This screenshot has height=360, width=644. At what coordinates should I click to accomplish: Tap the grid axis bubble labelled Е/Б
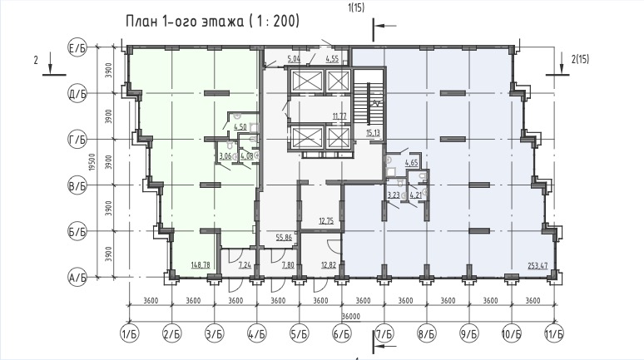77,50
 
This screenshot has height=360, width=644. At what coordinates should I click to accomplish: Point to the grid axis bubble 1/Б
129,335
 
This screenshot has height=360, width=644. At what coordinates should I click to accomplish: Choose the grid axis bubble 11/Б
553,335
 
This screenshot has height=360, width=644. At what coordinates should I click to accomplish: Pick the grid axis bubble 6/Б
341,335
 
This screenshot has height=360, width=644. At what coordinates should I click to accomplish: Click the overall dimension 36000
341,316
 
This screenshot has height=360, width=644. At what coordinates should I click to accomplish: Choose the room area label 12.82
328,265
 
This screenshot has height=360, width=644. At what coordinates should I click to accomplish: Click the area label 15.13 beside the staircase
373,131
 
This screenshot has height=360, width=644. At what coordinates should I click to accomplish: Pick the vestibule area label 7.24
245,265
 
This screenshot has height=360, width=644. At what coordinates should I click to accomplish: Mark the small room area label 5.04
293,59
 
